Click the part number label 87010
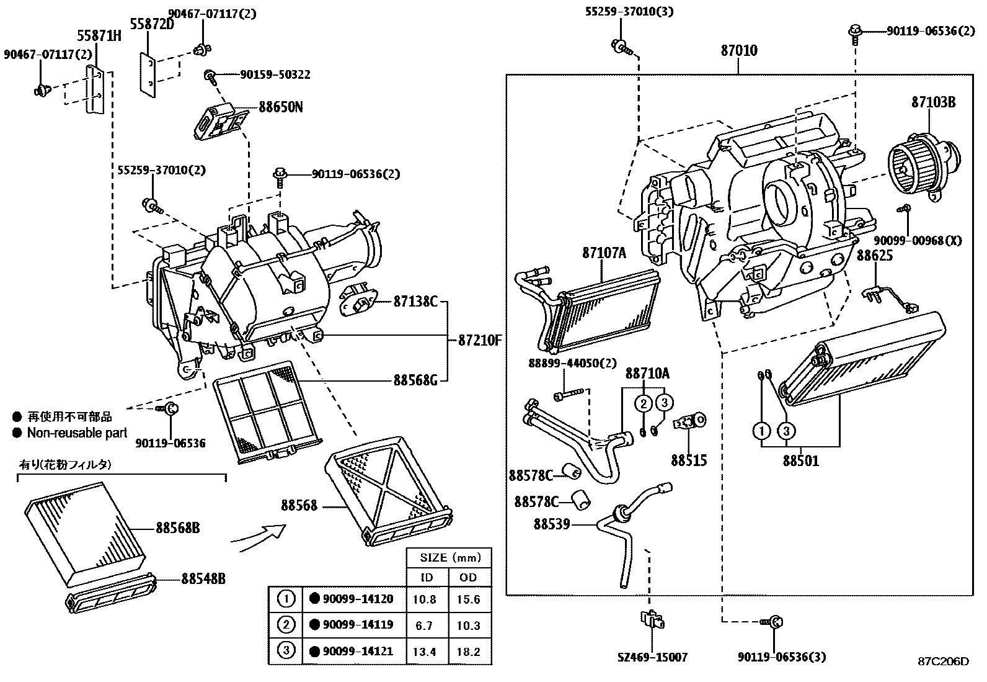point(738,50)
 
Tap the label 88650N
point(280,107)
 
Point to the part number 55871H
point(99,35)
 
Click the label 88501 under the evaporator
point(800,460)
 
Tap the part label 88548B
point(203,578)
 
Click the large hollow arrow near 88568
point(260,535)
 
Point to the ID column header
point(427,577)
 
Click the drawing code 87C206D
point(943,661)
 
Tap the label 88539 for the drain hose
point(552,524)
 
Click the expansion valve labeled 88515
point(691,423)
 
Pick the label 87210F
point(479,340)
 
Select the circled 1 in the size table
point(286,599)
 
